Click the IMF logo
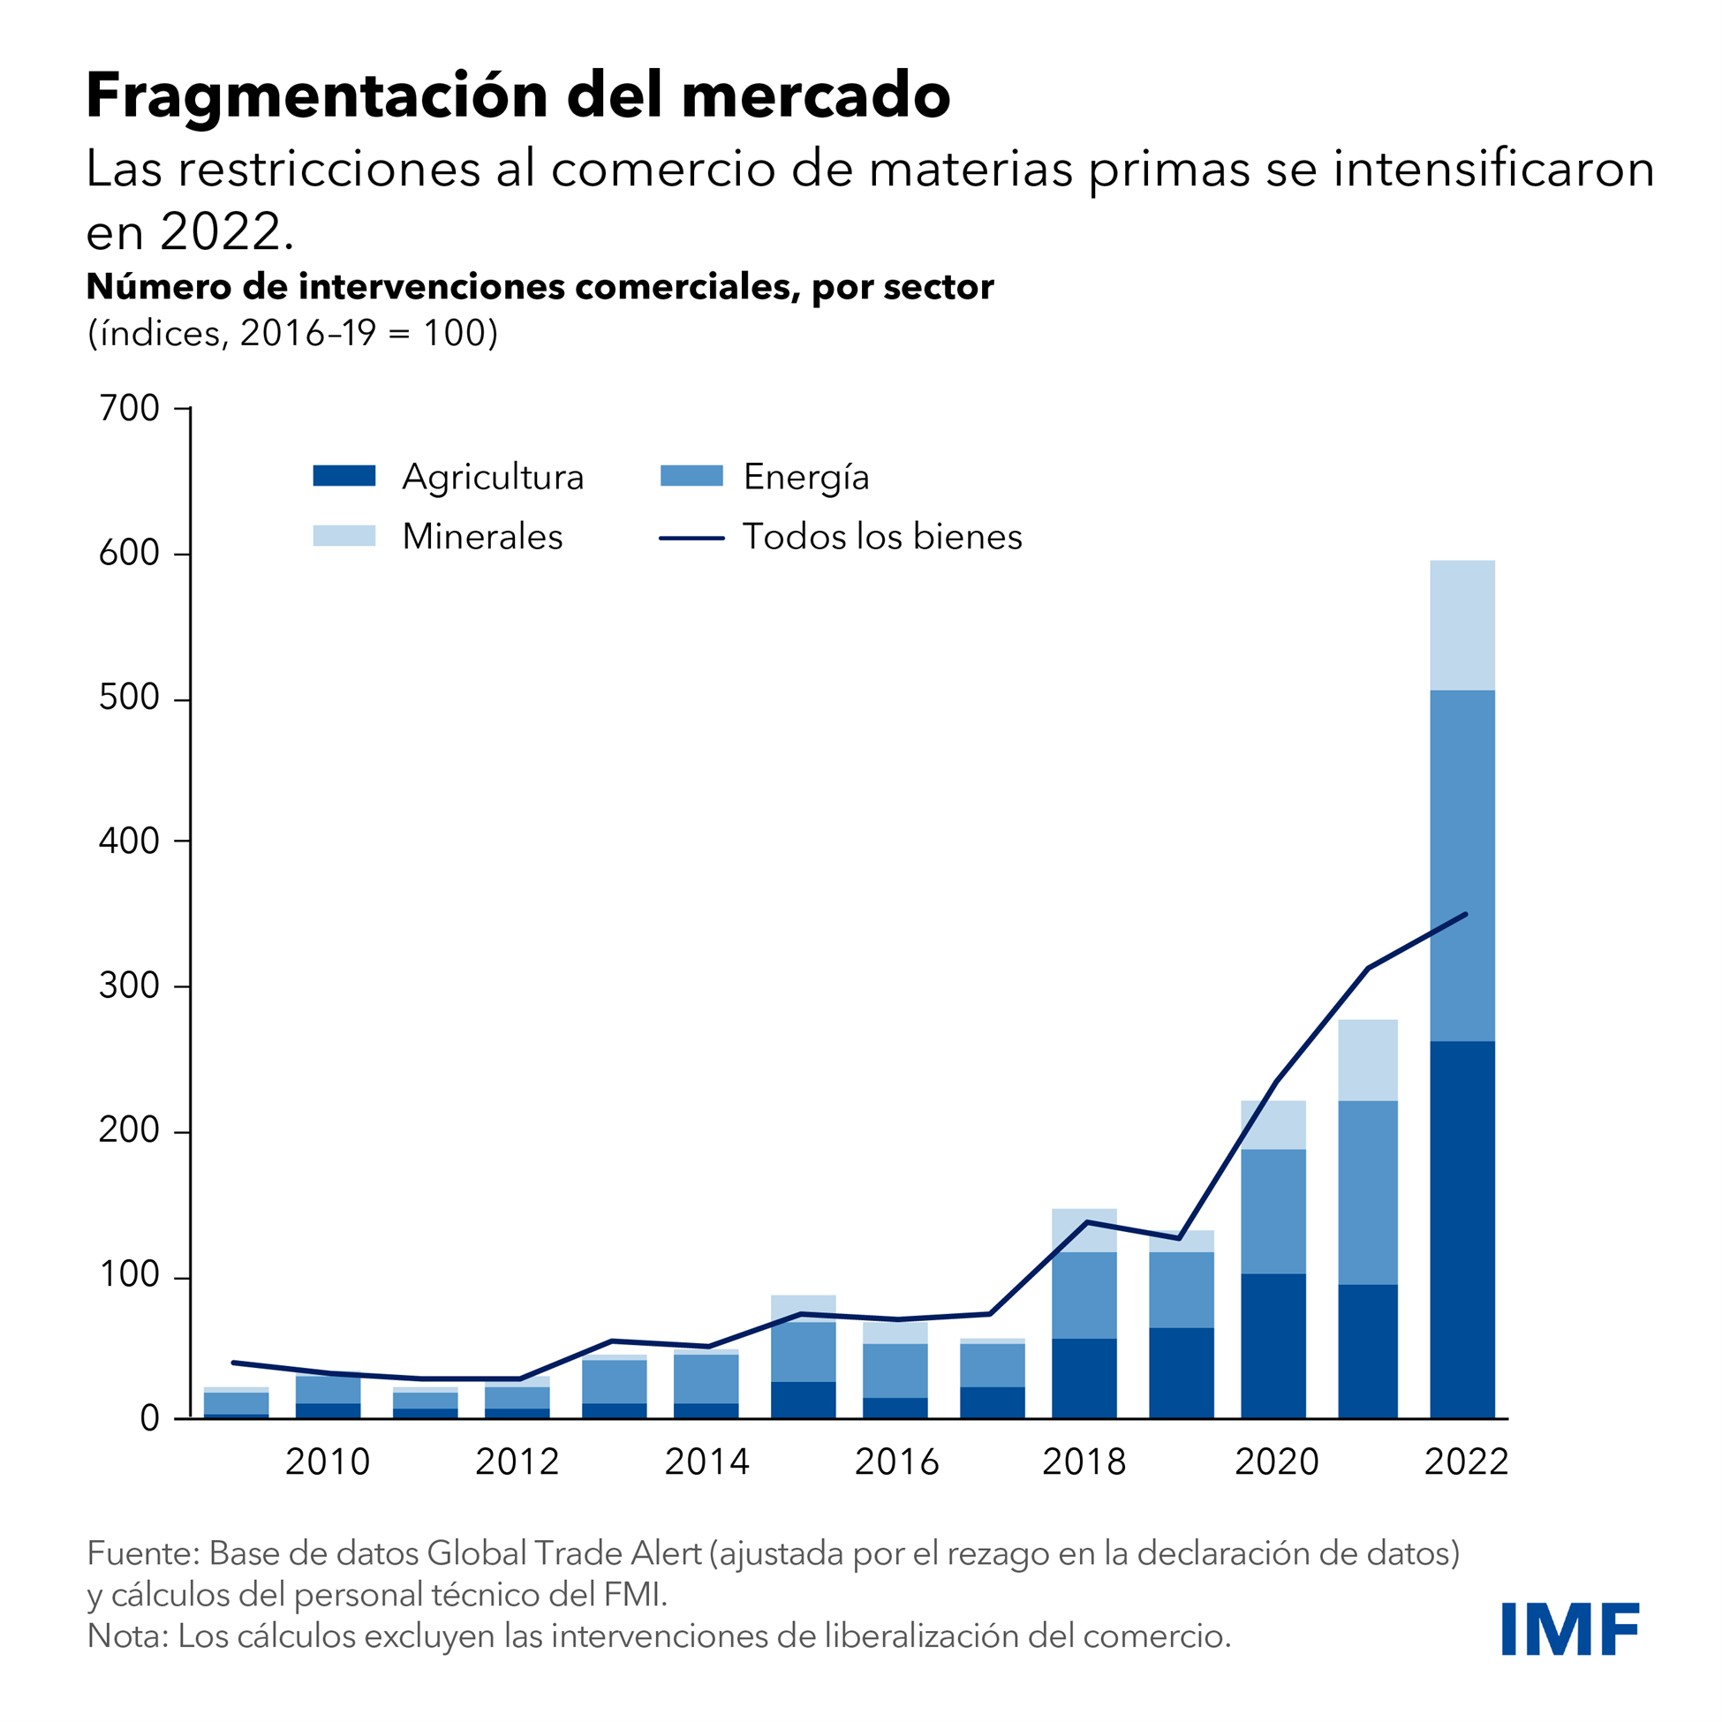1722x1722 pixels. (x=1568, y=1629)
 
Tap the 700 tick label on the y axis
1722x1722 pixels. (x=129, y=409)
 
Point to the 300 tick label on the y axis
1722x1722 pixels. (x=129, y=986)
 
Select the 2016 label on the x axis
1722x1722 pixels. (x=896, y=1462)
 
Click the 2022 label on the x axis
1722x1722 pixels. (x=1466, y=1462)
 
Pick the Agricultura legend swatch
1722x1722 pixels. (x=344, y=476)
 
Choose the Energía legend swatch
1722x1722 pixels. (x=691, y=476)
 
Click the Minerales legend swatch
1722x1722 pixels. (x=344, y=536)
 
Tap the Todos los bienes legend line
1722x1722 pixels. (x=691, y=539)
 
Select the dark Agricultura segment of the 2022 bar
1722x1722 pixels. (x=1462, y=1230)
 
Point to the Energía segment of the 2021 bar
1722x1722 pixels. (x=1367, y=1193)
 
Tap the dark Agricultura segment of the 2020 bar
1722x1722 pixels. (x=1273, y=1346)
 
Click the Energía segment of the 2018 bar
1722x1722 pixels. (x=1084, y=1296)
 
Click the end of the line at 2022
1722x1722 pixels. (x=1465, y=915)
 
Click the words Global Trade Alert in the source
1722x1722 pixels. (x=564, y=1553)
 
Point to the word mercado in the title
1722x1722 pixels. (x=817, y=95)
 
